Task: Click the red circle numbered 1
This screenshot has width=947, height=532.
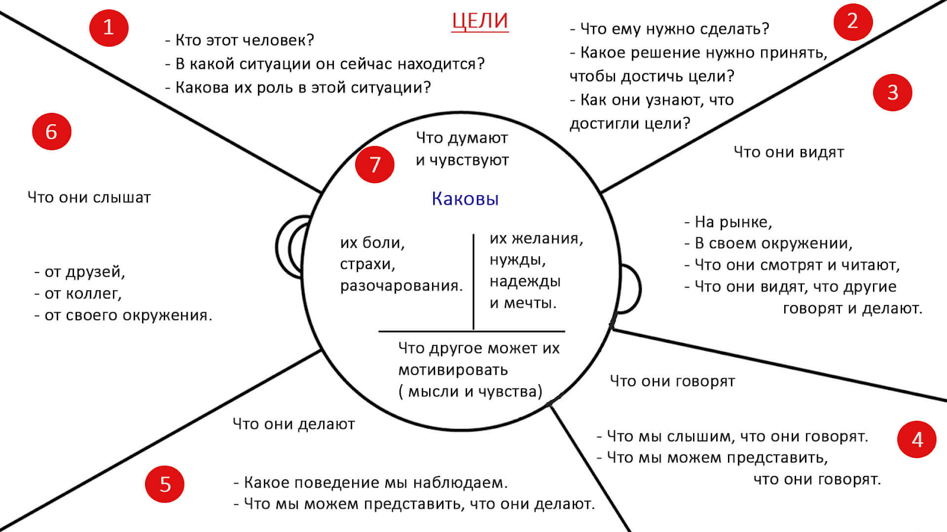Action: point(109,27)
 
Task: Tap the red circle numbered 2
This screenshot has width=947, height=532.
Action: point(853,21)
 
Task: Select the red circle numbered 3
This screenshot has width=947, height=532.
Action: point(893,93)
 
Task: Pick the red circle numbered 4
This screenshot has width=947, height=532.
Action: point(917,439)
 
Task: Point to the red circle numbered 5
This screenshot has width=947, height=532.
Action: point(165,484)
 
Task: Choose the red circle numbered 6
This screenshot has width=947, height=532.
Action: point(51,131)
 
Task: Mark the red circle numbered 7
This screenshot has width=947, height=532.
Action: point(375,164)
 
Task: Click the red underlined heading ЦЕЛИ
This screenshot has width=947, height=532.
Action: point(479,21)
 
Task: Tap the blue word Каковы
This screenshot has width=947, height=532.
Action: point(465,199)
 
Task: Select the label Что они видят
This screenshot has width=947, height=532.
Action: point(788,153)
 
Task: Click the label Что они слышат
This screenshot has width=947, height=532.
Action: point(89,197)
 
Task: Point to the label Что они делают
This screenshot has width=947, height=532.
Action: point(294,424)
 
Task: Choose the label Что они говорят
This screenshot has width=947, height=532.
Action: point(672,381)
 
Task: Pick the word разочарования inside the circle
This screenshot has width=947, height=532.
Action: point(401,286)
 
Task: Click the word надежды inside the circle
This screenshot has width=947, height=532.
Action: point(525,282)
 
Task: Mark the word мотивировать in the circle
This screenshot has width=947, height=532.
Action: point(453,370)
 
